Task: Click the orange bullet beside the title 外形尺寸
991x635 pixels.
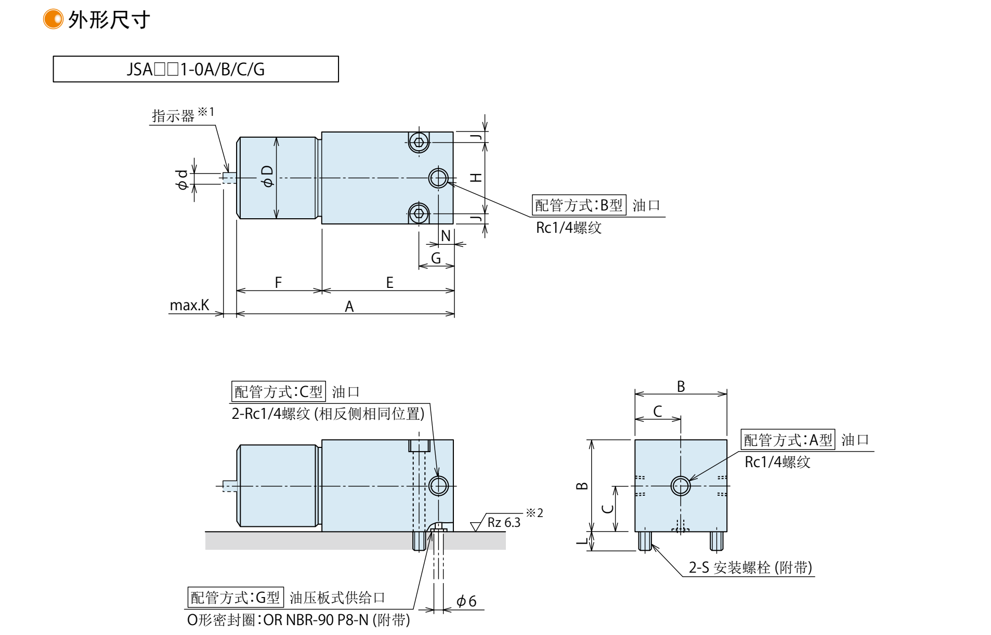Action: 53,19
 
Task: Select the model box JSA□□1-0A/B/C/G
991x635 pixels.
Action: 195,69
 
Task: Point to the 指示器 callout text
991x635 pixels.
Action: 173,115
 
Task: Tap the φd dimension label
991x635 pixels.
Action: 182,179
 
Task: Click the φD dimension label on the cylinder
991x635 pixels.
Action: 268,177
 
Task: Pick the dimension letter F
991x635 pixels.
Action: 278,283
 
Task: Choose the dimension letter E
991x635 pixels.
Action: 389,283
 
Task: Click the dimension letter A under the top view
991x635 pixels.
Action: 349,307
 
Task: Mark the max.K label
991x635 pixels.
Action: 189,305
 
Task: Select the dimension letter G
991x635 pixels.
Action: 436,258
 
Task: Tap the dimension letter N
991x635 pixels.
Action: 446,236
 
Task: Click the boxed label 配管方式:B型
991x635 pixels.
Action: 579,205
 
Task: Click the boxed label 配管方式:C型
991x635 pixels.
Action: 278,391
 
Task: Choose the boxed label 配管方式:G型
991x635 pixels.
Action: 235,597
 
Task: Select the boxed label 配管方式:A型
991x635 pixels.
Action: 788,440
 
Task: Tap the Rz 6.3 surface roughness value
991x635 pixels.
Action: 504,523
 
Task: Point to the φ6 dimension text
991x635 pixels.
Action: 466,601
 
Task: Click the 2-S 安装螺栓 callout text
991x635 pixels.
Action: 750,567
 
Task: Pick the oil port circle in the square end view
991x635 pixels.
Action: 681,486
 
